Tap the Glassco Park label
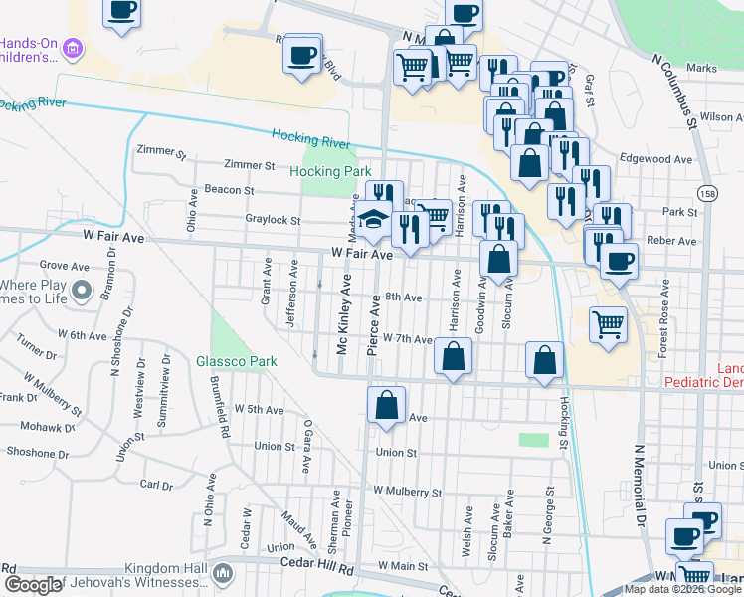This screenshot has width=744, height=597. (x=236, y=362)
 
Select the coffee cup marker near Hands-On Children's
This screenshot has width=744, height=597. (x=121, y=11)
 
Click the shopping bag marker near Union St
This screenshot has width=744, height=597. (x=386, y=406)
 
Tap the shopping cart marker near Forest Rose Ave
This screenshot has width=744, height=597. (x=608, y=323)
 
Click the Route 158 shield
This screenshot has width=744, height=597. (x=705, y=193)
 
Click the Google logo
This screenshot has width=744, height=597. (x=33, y=585)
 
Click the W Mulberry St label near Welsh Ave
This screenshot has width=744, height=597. (x=407, y=492)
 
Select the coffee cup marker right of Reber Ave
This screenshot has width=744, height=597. (x=619, y=263)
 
